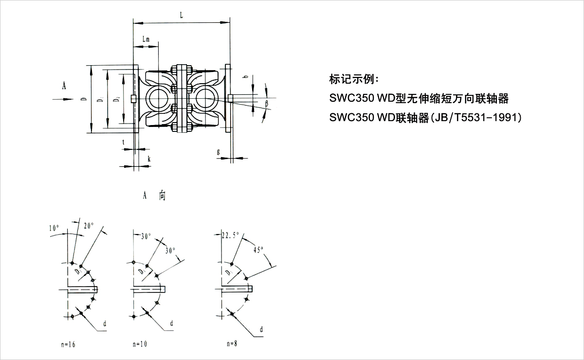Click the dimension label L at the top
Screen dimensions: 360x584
click(182, 15)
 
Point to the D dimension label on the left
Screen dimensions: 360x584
click(84, 100)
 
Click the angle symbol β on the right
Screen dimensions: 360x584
click(267, 103)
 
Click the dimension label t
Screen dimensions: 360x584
click(124, 142)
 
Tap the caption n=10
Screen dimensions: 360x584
click(140, 344)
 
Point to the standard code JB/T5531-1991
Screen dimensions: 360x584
click(475, 117)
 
